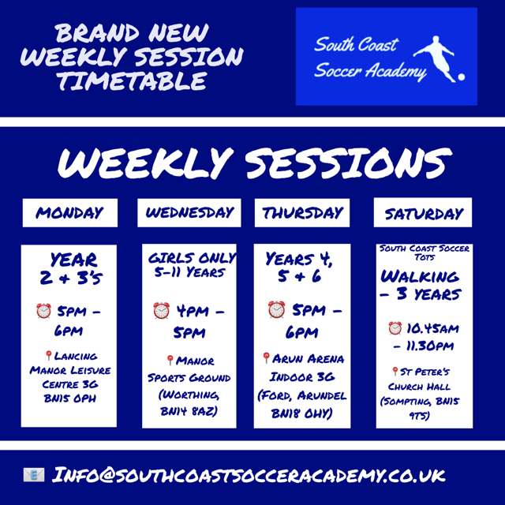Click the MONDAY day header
coord(69,213)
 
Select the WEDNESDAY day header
coord(189,213)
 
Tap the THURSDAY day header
coord(303,213)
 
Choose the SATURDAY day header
coord(424,214)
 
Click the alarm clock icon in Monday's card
coord(43,311)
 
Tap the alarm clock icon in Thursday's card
coord(276,311)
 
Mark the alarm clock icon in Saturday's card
coord(395,327)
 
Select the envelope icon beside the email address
coord(33,475)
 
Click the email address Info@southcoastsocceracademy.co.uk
coord(249,475)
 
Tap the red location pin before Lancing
coord(49,356)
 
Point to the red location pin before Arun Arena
coord(267,358)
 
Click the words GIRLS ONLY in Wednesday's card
coord(189,258)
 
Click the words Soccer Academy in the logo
coord(371,71)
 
